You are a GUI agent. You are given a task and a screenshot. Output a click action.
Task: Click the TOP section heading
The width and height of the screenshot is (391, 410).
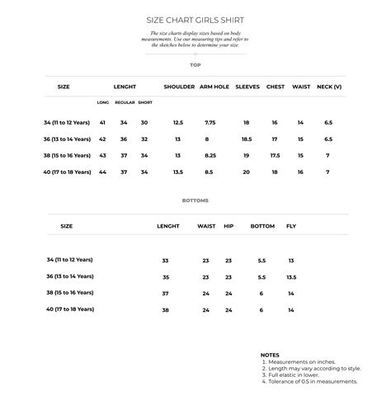(195, 64)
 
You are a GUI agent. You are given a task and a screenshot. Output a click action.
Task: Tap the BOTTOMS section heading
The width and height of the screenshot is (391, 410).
(195, 200)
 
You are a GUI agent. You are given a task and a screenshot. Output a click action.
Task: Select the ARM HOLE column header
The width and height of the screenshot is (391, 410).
(214, 86)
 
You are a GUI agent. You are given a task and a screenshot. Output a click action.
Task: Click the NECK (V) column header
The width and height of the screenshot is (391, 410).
(329, 86)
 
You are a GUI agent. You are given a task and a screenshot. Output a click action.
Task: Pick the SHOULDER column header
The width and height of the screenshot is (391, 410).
(179, 86)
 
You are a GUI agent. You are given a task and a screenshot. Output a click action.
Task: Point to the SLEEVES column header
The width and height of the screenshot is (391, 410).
(247, 86)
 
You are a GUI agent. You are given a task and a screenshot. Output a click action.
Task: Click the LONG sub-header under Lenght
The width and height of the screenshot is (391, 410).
(102, 102)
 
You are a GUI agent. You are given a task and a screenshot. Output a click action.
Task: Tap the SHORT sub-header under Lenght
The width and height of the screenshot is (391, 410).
(145, 102)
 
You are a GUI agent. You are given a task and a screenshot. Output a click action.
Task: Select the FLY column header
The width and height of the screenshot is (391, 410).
(291, 225)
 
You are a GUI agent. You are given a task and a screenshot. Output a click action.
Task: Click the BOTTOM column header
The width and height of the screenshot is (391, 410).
(262, 225)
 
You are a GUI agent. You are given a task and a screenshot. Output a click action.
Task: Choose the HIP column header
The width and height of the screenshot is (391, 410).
(228, 225)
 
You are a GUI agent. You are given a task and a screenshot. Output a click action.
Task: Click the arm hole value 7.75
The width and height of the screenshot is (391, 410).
(210, 122)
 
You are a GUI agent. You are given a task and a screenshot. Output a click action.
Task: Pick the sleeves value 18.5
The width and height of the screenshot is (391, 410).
(247, 139)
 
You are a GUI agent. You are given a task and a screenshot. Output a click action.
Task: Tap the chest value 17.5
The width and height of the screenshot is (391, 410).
(275, 155)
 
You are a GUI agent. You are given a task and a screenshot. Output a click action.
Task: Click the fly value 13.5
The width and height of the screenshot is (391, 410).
(291, 277)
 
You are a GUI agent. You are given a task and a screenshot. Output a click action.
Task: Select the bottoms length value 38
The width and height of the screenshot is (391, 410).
(165, 310)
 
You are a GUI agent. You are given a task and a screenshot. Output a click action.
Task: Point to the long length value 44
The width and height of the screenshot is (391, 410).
(102, 172)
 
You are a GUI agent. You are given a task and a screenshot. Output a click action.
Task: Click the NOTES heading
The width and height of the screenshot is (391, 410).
(270, 355)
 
